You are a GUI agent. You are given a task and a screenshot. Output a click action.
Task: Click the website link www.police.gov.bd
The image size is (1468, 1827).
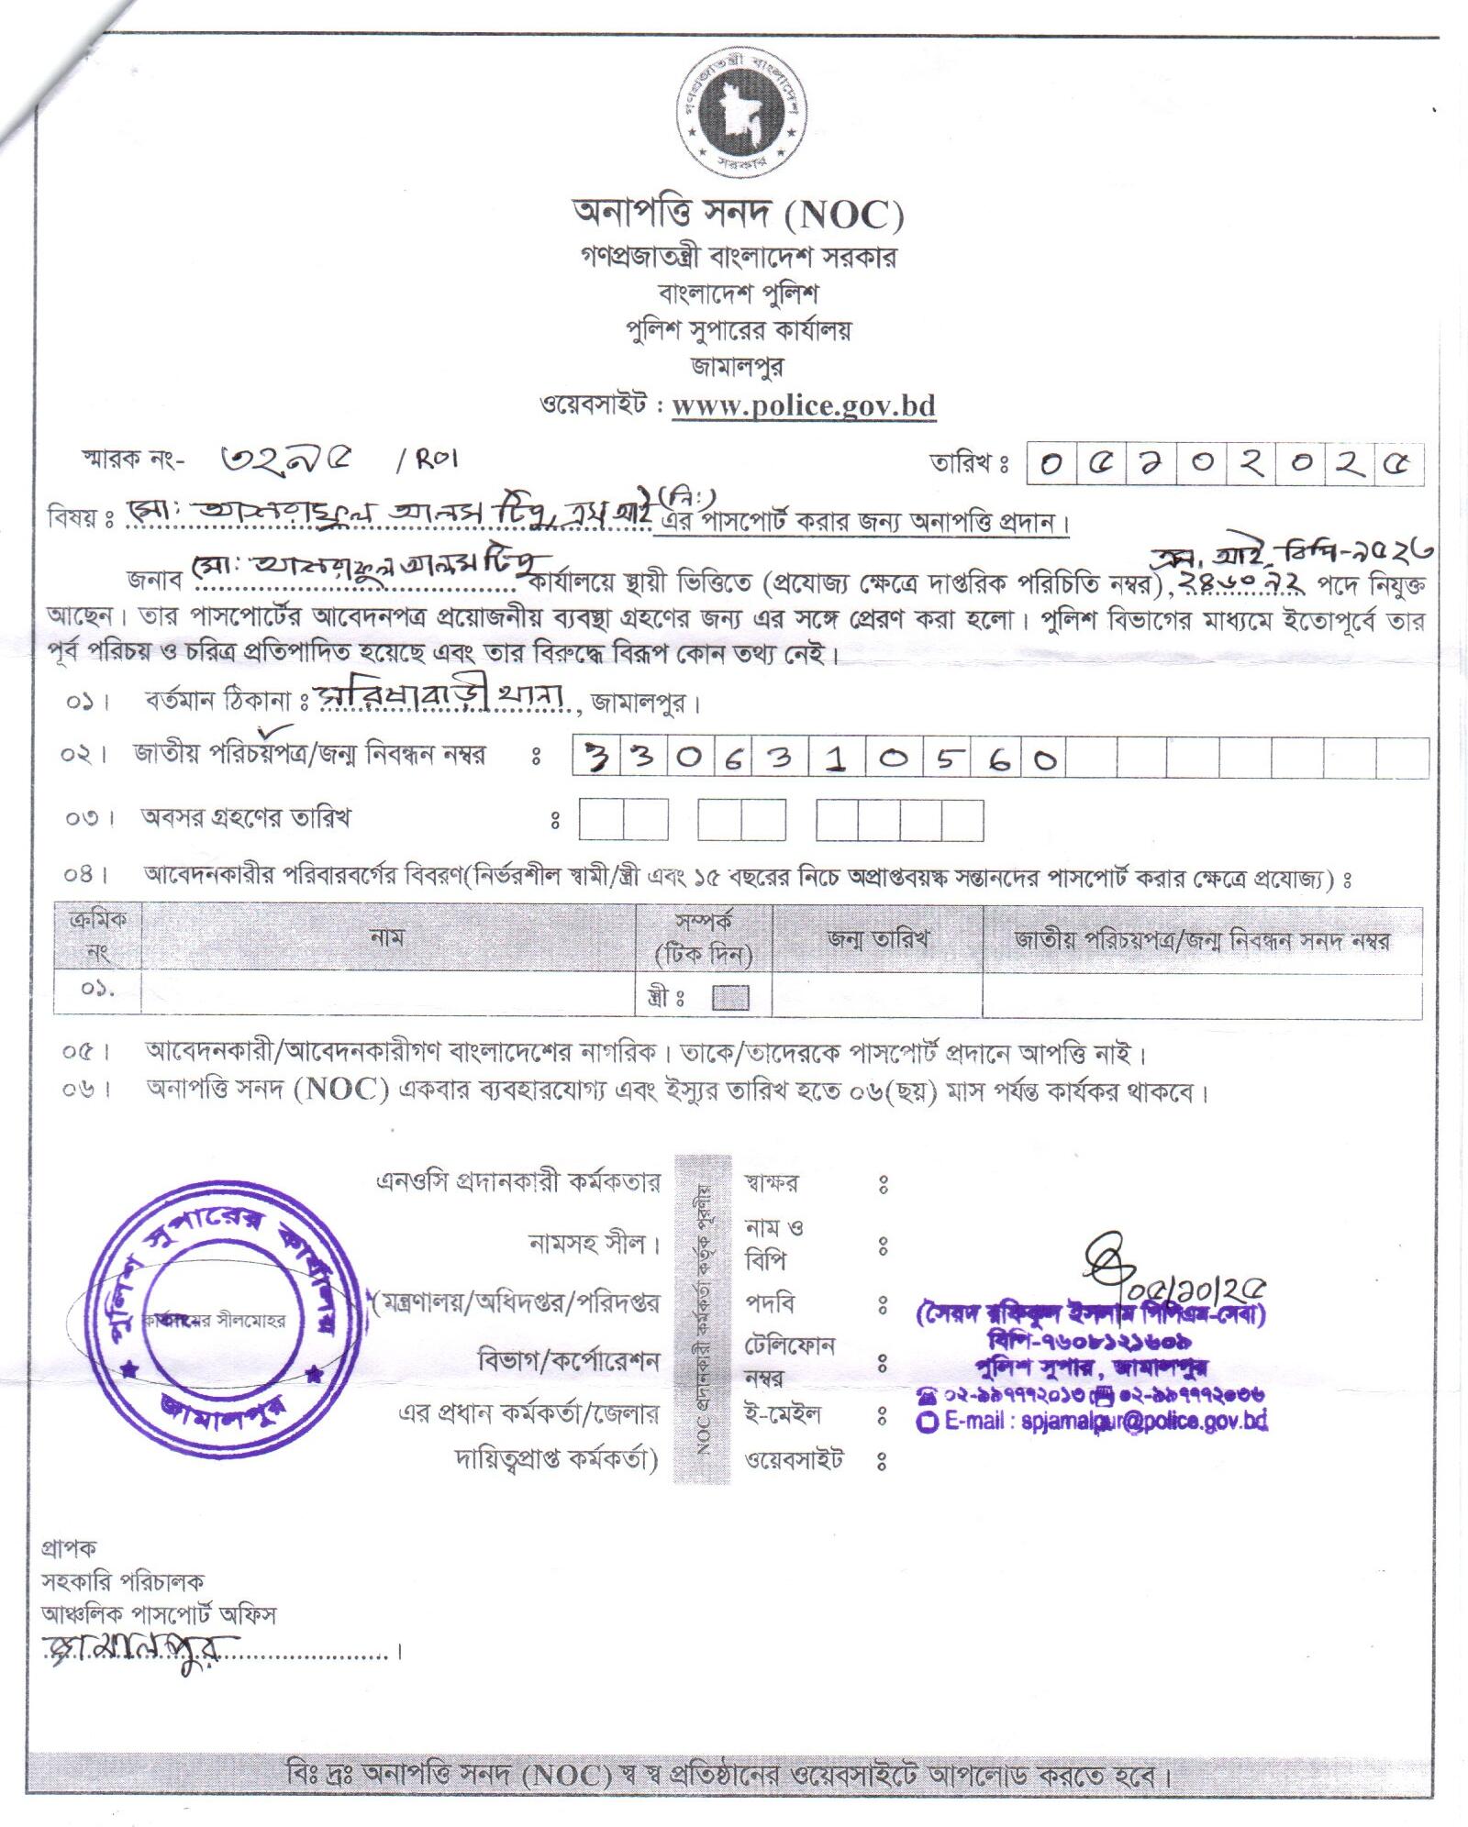pos(803,405)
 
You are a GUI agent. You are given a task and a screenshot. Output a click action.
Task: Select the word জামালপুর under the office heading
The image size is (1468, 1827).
pos(737,367)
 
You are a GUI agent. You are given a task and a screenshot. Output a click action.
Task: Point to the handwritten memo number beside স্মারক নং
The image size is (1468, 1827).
pos(287,458)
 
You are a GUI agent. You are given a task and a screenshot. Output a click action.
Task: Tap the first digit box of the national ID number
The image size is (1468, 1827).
pos(598,758)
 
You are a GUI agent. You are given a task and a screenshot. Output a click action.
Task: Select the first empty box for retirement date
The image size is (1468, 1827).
pos(601,820)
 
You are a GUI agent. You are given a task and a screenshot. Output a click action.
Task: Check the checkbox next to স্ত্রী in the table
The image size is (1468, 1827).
pos(730,998)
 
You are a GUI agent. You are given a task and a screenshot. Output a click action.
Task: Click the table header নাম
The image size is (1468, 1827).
pos(388,937)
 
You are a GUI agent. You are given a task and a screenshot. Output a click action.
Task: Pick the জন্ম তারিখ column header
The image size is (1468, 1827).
pos(877,939)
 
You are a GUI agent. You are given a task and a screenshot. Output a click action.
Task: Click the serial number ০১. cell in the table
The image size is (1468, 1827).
pos(97,991)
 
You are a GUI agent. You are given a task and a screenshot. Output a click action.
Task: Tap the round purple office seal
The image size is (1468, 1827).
pos(225,1319)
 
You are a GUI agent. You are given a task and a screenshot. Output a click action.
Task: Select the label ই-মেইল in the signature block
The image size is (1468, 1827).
pos(783,1414)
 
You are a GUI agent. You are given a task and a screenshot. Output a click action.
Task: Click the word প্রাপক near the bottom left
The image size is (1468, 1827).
pos(69,1548)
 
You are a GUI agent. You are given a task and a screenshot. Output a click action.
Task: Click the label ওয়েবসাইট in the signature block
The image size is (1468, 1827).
pos(795,1459)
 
